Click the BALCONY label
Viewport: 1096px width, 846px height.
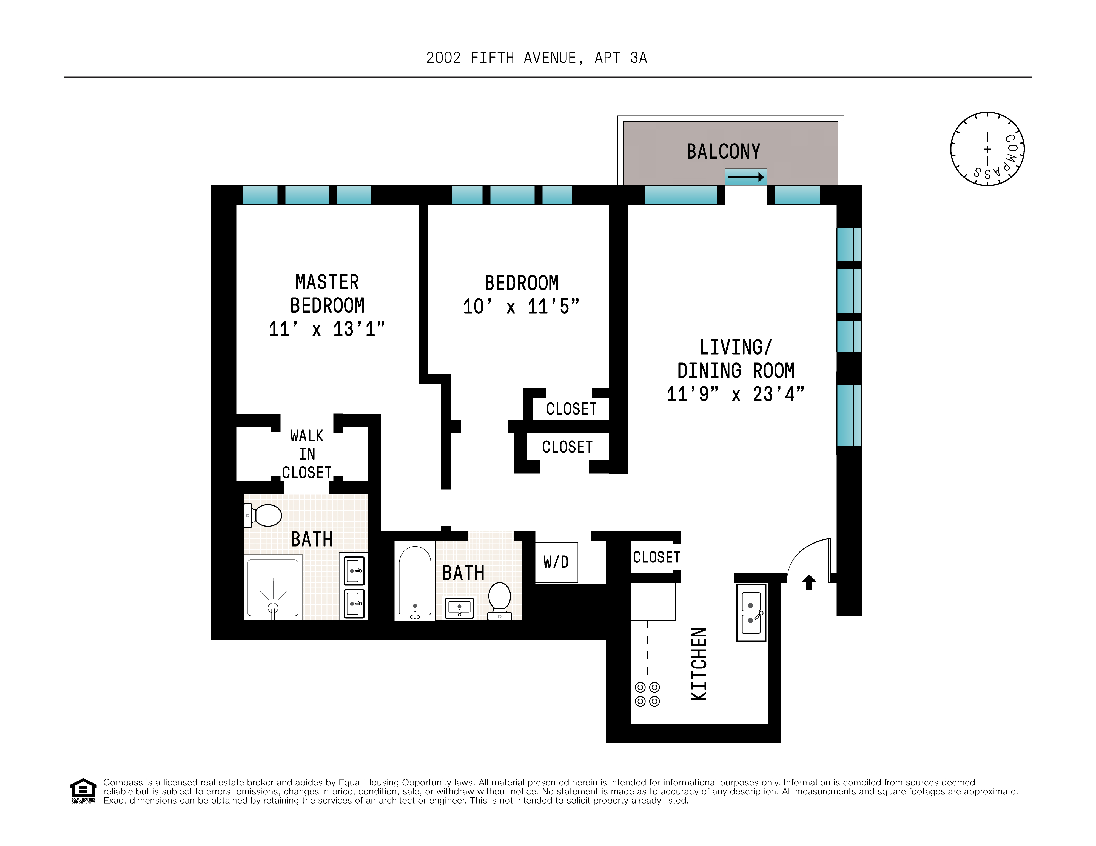pos(723,152)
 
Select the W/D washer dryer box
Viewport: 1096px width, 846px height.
pos(556,562)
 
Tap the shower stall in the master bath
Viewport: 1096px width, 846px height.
pos(273,587)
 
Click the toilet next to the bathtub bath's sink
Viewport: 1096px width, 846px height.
pos(499,600)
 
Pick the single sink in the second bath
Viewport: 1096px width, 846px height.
pos(459,608)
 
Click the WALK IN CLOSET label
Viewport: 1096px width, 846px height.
pos(307,454)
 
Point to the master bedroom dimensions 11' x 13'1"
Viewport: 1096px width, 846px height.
pos(327,329)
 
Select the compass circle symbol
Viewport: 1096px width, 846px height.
pos(987,149)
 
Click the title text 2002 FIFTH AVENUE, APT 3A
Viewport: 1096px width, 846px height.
pos(536,58)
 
